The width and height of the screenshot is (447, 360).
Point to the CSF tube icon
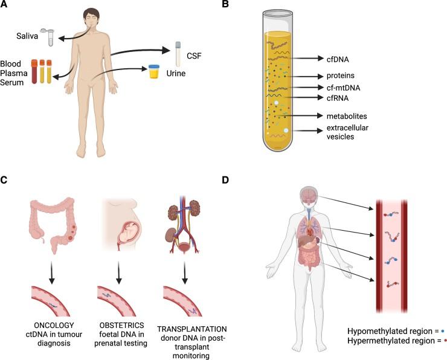(178, 53)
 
